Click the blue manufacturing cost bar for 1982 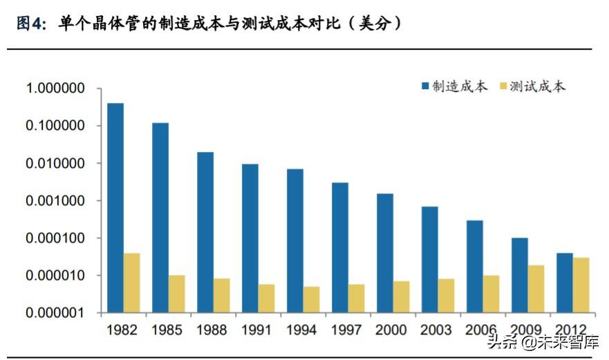(x=115, y=207)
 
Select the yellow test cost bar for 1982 (x=132, y=283)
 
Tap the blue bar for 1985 (x=160, y=218)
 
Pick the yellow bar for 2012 (x=581, y=285)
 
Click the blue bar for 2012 (x=565, y=283)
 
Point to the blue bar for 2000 (x=385, y=253)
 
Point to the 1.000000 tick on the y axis (x=55, y=88)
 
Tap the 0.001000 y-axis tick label (x=55, y=201)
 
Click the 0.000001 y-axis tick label (x=55, y=313)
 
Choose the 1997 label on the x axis (x=346, y=330)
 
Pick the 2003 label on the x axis (x=436, y=330)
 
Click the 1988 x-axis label (x=212, y=330)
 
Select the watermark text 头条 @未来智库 (x=543, y=341)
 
